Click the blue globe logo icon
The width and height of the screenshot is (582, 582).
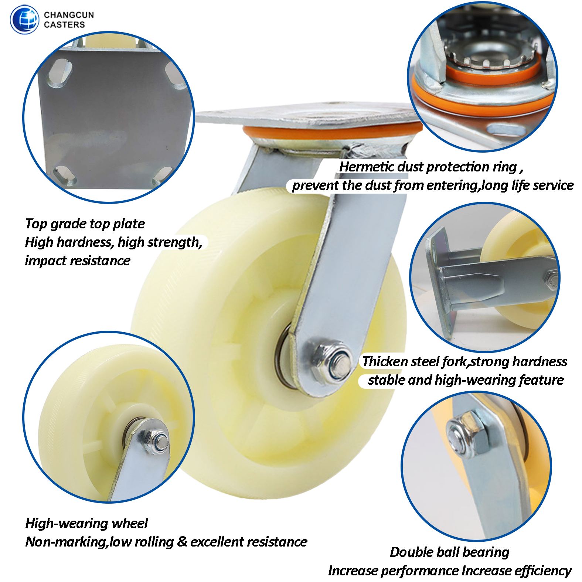click(24, 20)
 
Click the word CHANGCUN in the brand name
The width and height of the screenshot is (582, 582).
click(69, 15)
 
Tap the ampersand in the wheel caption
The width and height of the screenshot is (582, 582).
click(182, 542)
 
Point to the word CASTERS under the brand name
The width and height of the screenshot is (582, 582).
click(64, 25)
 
